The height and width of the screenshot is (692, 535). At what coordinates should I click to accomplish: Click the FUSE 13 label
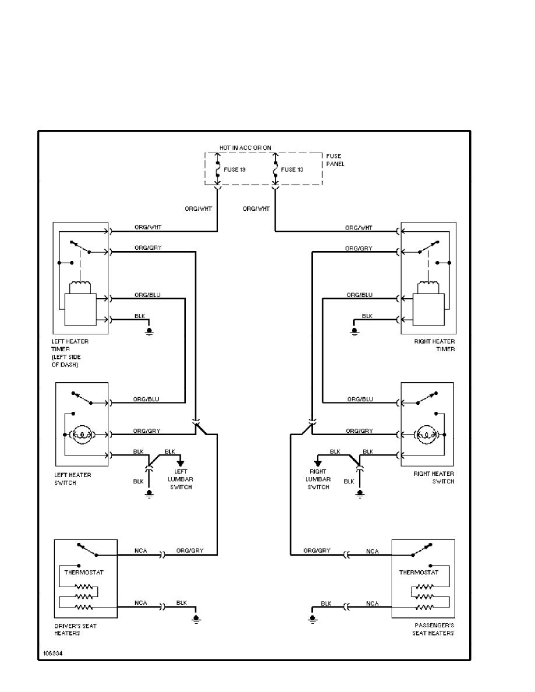(x=291, y=170)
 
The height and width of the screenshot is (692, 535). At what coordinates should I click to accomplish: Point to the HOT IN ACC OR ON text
(x=245, y=148)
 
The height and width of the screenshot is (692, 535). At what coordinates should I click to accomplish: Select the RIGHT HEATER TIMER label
(x=434, y=345)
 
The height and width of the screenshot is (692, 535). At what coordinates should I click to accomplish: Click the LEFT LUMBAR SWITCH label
(x=181, y=479)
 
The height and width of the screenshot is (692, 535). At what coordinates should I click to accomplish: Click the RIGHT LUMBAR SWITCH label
(x=319, y=479)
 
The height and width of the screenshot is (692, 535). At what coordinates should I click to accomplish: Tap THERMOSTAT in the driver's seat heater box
(x=84, y=573)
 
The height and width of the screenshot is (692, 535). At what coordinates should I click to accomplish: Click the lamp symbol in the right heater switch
(x=424, y=434)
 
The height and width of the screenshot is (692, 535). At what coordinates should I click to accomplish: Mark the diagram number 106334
(x=51, y=654)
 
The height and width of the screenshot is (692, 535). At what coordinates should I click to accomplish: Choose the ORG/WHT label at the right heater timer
(x=358, y=228)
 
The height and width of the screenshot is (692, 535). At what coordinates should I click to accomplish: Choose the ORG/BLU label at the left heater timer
(x=147, y=295)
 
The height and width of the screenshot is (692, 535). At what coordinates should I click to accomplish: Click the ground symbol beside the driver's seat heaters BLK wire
(x=196, y=619)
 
